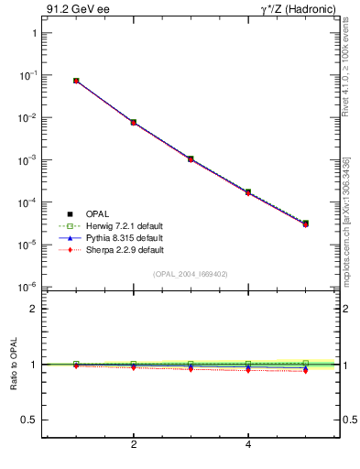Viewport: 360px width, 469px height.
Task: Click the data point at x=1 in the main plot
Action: [x=76, y=81]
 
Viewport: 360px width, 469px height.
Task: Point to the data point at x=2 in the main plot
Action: [x=134, y=122]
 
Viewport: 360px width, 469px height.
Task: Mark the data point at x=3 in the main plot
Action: [x=191, y=158]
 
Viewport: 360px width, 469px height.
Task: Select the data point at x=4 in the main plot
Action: [x=248, y=192]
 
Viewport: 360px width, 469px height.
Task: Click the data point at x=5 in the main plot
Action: [x=306, y=224]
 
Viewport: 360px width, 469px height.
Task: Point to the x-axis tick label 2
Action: [x=134, y=445]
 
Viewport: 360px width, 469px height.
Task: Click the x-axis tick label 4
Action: [x=248, y=445]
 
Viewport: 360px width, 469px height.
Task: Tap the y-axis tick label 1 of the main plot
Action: [x=34, y=33]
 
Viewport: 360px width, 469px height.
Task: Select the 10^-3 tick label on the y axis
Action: [x=28, y=159]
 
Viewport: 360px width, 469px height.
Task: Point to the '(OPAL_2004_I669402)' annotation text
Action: [x=190, y=274]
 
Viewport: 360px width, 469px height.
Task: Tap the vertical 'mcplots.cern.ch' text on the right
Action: [x=352, y=220]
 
